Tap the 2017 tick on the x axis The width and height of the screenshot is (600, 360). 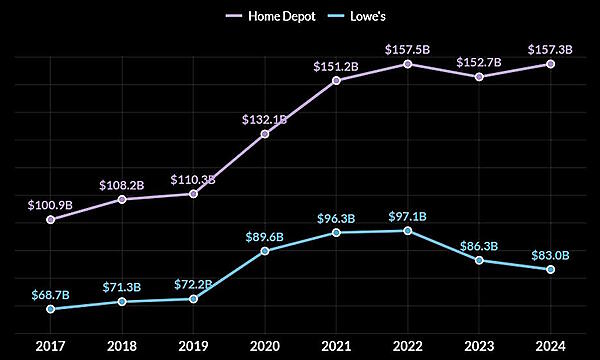coord(51,347)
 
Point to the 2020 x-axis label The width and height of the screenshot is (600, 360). coord(265,347)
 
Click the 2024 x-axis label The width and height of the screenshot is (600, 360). coord(550,347)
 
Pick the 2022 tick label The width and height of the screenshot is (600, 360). coord(407,347)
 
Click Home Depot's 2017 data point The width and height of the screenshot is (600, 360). coord(51,219)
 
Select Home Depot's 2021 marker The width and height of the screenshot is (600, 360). coord(336,80)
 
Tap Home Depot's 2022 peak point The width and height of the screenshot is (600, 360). coord(407,63)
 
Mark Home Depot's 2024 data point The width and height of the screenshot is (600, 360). coord(550,64)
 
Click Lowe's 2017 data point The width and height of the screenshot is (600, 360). coord(51,308)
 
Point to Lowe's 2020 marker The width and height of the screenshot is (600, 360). coord(265,250)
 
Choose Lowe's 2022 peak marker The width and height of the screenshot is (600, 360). coord(407,230)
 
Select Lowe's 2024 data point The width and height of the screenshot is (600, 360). coord(550,269)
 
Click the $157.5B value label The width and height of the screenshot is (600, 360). coord(407,47)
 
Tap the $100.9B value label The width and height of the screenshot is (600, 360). coord(51,203)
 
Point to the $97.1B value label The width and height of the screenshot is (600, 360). coord(407,215)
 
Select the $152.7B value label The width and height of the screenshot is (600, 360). coord(478,60)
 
